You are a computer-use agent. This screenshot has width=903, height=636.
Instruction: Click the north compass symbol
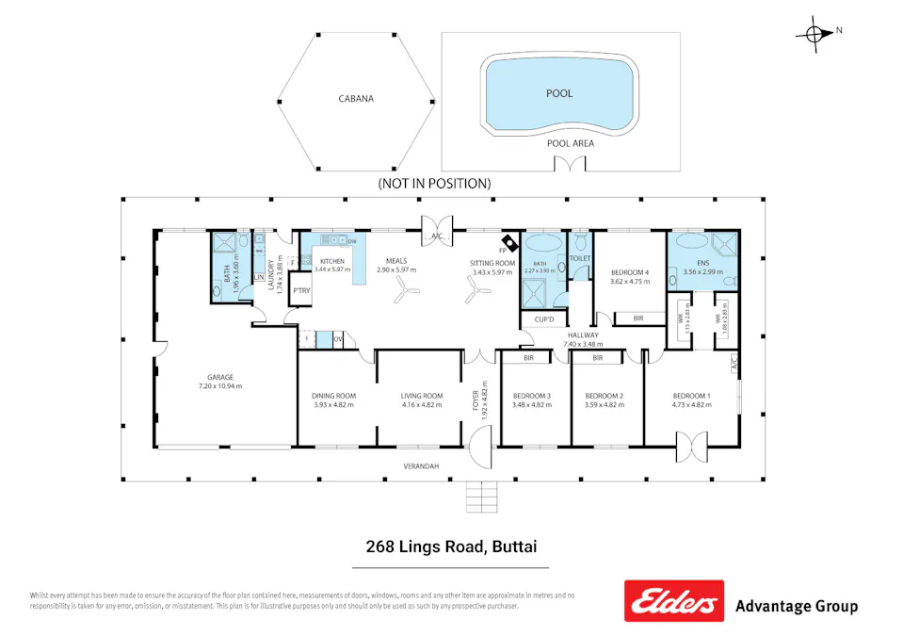[x=813, y=33]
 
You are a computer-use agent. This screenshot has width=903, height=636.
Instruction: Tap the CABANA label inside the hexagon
[x=356, y=98]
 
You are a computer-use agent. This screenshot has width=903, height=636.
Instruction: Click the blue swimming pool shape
[x=559, y=93]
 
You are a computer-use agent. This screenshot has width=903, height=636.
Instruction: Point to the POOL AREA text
[x=571, y=143]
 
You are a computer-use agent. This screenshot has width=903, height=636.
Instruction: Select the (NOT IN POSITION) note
[x=434, y=183]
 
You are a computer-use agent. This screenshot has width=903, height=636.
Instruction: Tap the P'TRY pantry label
[x=301, y=291]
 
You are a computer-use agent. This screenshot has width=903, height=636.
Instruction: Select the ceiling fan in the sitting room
[x=477, y=294]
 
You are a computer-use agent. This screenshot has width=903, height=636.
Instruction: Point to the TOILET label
[x=580, y=257]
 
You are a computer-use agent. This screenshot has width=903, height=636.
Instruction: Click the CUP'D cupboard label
[x=544, y=319]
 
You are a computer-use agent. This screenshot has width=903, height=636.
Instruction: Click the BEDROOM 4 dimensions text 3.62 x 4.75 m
[x=630, y=281]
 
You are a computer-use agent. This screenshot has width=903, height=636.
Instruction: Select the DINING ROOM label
[x=334, y=396]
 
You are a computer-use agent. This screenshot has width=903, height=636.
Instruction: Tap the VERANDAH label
[x=422, y=466]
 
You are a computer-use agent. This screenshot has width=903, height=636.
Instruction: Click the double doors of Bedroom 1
[x=691, y=447]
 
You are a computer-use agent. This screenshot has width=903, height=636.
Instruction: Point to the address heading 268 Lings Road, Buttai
[x=450, y=546]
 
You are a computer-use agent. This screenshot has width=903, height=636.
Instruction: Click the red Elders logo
[x=673, y=601]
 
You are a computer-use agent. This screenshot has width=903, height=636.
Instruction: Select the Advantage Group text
[x=796, y=606]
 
